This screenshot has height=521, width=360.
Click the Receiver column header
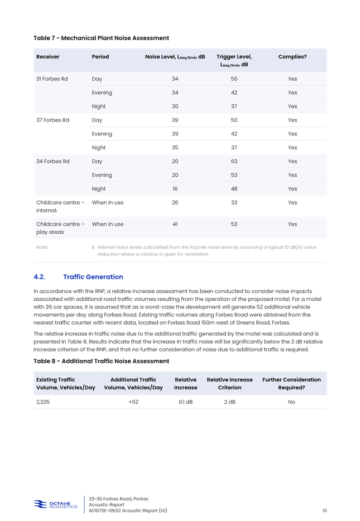(47, 57)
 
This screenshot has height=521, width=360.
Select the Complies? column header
(292, 57)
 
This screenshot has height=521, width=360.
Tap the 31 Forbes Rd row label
(52, 79)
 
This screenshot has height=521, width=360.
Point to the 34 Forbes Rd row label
(52, 162)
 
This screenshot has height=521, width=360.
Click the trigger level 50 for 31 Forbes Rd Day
(234, 79)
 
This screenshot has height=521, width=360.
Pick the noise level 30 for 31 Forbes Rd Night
(175, 107)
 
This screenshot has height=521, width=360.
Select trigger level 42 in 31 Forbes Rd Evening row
(234, 93)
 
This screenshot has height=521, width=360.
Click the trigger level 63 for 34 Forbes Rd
(234, 162)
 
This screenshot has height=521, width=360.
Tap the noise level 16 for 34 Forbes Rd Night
(175, 189)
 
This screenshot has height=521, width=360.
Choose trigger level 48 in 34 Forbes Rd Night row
(234, 189)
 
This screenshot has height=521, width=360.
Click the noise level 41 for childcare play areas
(175, 224)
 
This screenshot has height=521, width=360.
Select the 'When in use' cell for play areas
(108, 224)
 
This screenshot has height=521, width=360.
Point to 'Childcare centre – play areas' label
(60, 228)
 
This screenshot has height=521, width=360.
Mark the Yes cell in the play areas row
(292, 224)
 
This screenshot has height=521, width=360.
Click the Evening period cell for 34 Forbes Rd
(102, 175)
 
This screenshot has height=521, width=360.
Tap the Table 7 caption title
(101, 38)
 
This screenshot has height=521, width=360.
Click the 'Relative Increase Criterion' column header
(229, 383)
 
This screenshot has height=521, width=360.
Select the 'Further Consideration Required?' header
(291, 383)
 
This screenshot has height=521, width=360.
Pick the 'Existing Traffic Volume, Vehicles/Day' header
(66, 383)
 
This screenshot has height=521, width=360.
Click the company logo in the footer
(56, 505)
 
